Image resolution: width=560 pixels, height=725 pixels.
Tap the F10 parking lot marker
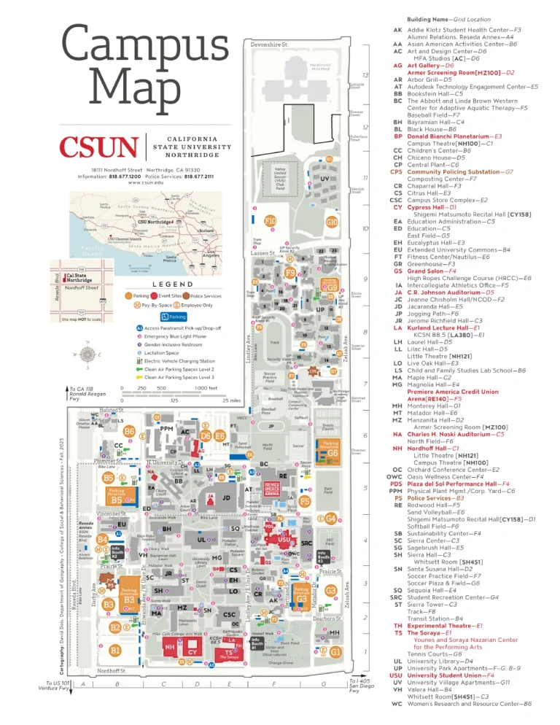270,220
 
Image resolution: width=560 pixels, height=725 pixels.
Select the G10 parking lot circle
332,221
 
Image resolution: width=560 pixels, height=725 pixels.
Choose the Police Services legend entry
203,296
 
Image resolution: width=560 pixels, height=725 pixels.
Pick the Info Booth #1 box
255,643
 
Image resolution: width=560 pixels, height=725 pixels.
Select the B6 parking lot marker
129,432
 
